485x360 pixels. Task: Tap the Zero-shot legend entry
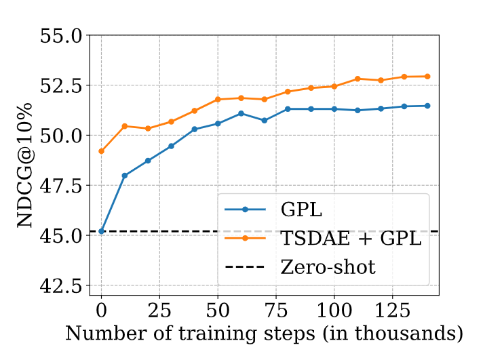328,267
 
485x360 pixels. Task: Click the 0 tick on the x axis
102,311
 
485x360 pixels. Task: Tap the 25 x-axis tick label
159,311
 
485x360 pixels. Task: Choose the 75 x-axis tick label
275,311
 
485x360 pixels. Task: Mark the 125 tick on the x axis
391,311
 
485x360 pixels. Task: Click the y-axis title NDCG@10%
26,165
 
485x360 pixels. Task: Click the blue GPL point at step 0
102,231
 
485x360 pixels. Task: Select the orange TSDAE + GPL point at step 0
102,151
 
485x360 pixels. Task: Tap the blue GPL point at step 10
125,176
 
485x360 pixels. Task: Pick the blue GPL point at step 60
241,113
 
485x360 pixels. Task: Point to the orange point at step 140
427,77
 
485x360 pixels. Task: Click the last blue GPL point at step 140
427,106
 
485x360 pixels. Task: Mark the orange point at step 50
218,100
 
